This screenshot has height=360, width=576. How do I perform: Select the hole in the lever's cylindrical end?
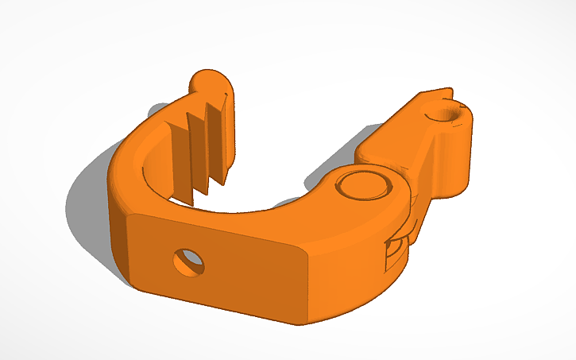(449, 114)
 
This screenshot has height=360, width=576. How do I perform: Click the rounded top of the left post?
(211, 80)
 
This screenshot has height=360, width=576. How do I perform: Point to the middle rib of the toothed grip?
(197, 147)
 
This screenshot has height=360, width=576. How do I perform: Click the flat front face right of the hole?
(254, 274)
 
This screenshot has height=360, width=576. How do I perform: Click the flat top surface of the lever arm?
(393, 139)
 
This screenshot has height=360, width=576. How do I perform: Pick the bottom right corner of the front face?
(300, 322)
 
